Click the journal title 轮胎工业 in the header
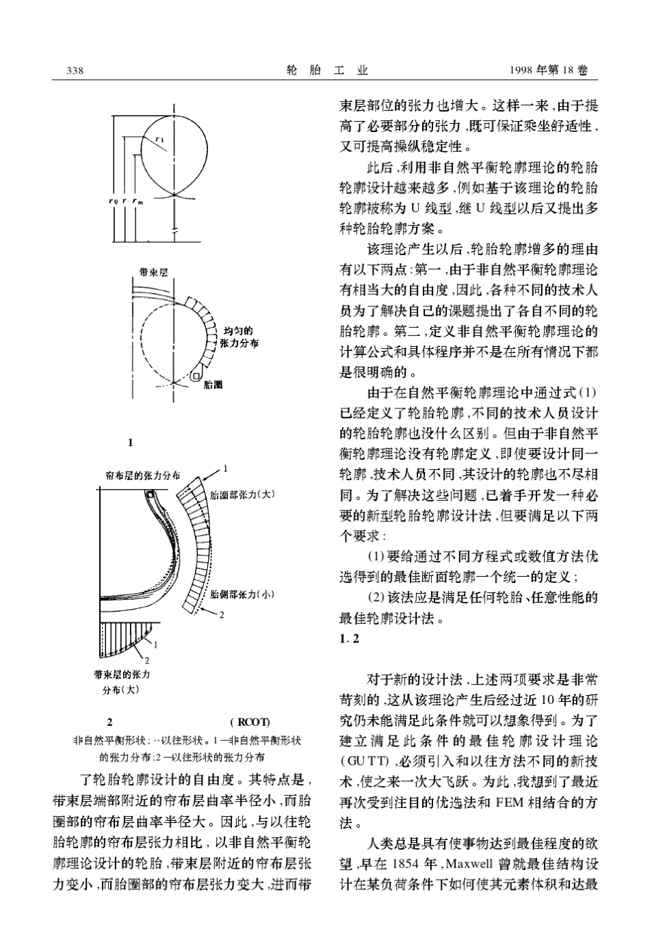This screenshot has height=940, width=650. pos(326,71)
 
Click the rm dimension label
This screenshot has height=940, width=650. pos(138,203)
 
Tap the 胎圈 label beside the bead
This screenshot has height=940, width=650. pos(213,385)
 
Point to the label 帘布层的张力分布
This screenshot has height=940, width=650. pos(143,475)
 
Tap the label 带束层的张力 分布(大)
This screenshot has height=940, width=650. pos(122,681)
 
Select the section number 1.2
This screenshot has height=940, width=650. pos(350,639)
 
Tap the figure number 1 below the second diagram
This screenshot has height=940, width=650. pos(130,443)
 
